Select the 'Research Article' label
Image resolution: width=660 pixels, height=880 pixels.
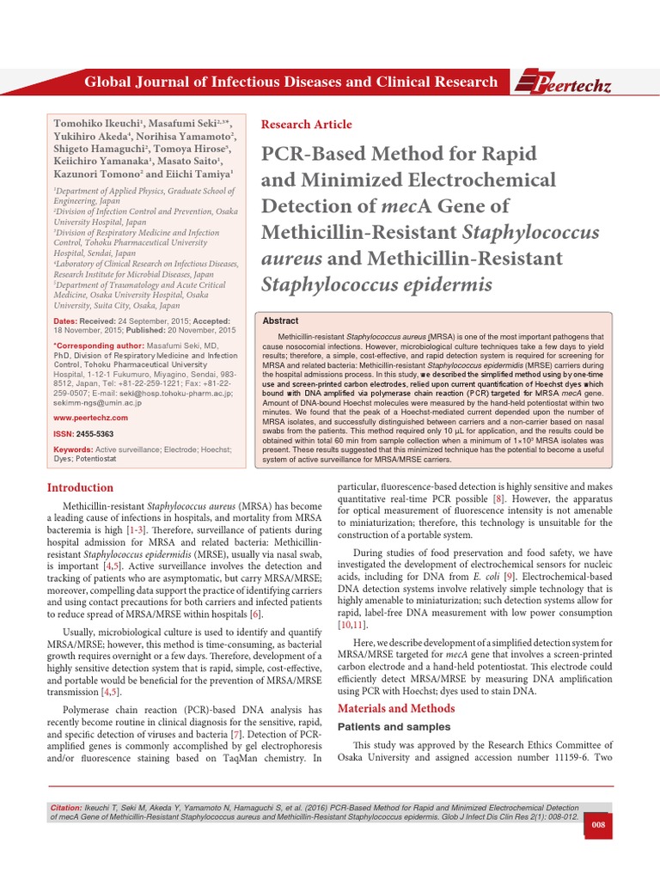(306, 125)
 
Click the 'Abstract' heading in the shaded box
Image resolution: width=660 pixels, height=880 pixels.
(280, 321)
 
